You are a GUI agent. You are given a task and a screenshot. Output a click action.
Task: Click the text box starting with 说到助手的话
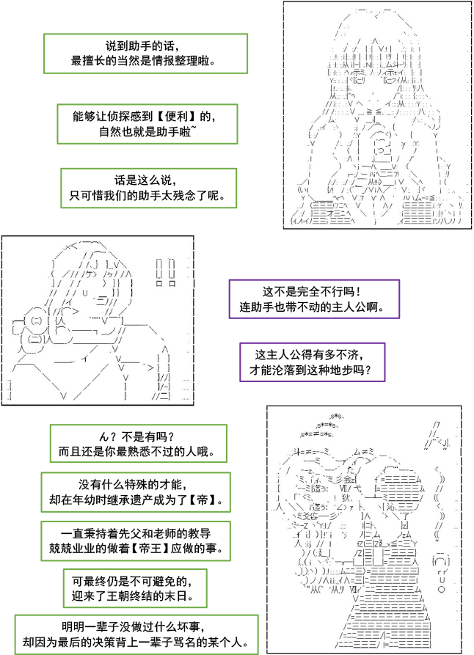[145, 54]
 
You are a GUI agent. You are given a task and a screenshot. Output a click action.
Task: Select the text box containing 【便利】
[147, 124]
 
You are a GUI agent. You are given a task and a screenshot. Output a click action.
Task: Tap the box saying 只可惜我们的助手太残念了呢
[148, 188]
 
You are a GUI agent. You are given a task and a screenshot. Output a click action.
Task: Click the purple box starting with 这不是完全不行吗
[314, 299]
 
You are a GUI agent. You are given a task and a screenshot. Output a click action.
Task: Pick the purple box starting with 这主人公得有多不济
[313, 362]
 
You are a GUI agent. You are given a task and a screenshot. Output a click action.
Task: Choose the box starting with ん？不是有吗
[139, 444]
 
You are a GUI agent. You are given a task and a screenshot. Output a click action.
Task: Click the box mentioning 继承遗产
[136, 492]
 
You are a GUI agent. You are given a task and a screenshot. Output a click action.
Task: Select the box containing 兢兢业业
[136, 541]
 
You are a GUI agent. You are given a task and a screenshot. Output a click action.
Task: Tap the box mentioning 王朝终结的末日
[135, 588]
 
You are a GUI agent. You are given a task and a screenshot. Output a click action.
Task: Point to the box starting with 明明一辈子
[136, 634]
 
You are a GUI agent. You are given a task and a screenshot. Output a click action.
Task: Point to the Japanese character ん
[104, 437]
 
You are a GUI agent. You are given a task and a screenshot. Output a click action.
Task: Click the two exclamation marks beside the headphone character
[166, 272]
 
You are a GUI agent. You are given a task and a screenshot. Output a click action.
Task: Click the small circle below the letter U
[442, 590]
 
